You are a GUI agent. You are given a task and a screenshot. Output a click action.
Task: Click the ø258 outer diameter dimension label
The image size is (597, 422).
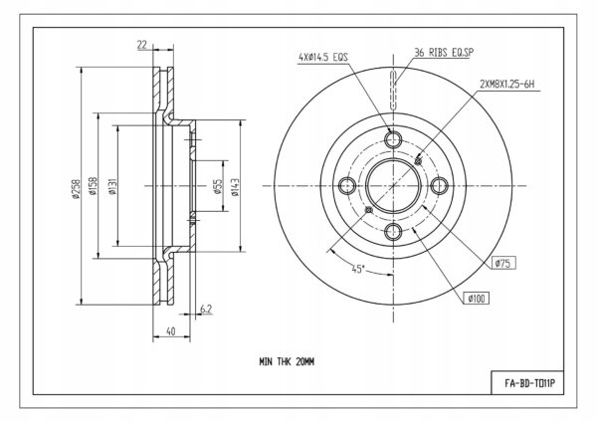pos(77,189)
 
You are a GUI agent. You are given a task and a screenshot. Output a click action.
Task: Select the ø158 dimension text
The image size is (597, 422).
pos(93,186)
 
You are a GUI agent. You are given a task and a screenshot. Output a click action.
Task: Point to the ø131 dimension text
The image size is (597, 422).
pos(112,186)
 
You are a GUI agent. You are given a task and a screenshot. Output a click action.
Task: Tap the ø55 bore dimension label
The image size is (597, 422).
pos(218,187)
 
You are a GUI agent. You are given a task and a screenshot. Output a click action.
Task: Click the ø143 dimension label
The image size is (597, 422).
pos(235,187)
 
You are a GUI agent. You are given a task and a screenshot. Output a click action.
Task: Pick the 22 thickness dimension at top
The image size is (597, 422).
pos(142,45)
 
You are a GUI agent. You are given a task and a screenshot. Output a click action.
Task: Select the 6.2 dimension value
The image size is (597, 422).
pos(206,309)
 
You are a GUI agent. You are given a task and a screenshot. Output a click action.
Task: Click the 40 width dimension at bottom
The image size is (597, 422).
pos(171,331)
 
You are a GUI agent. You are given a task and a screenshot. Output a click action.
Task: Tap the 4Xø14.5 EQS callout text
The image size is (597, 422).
pos(323,57)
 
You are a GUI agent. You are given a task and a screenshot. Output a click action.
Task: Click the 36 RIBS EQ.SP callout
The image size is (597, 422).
pos(444,52)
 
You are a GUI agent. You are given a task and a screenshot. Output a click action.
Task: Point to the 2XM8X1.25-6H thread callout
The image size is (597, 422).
pos(507,85)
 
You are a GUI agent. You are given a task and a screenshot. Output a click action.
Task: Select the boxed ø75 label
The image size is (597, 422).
pos(503,263)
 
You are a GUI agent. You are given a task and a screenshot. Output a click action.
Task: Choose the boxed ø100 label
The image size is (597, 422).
pos(477,299)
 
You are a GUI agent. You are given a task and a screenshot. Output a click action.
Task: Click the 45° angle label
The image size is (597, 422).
pos(358,269)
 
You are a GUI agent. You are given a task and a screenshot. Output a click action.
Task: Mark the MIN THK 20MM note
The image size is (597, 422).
pos(287,362)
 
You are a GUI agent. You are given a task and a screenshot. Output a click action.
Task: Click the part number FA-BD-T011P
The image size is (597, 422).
pos(529,383)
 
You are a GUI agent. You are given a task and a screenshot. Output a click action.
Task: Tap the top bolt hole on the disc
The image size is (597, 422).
pos(393,139)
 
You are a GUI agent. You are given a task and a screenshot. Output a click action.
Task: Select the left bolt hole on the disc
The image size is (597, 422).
pos(347,186)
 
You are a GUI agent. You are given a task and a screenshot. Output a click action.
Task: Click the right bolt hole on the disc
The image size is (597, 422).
pos(440,186)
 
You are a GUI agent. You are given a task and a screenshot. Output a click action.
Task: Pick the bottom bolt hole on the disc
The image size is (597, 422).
pos(393,232)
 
